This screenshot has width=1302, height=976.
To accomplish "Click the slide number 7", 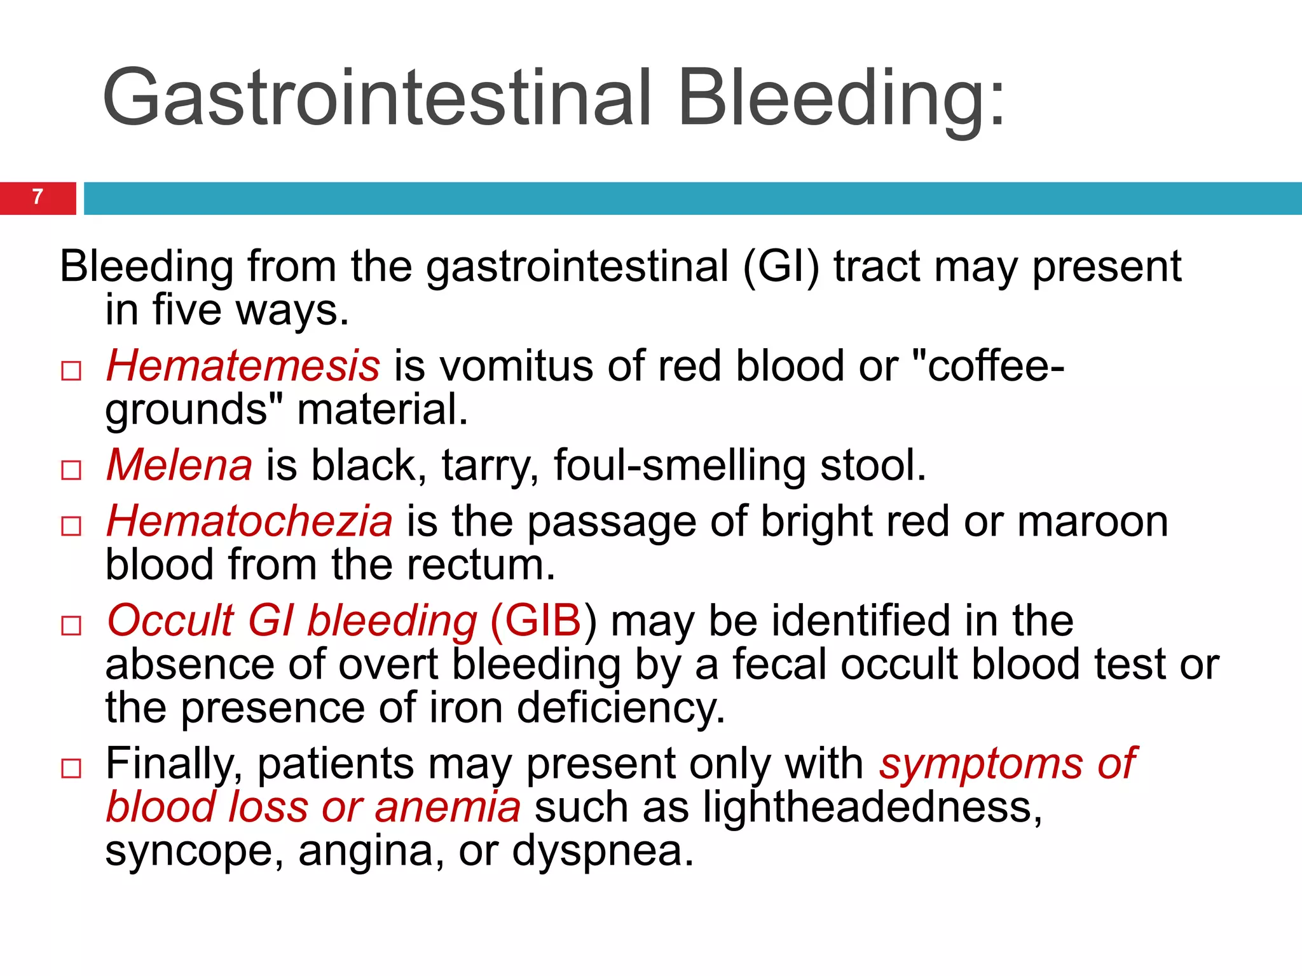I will tap(38, 197).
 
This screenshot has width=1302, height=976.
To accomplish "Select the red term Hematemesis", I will tap(243, 367).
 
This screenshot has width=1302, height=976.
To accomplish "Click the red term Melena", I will tap(179, 466).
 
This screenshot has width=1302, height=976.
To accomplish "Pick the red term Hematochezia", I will tap(249, 522).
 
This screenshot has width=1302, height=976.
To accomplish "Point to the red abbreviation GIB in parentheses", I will tap(535, 621).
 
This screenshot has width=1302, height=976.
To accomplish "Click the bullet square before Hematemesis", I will tap(71, 371).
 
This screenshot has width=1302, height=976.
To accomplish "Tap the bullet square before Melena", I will tap(71, 470).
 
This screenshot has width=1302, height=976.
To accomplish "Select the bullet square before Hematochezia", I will tap(71, 526).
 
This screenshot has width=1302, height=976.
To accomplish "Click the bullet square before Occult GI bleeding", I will tap(71, 626).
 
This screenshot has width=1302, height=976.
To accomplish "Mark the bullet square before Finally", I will tap(71, 768).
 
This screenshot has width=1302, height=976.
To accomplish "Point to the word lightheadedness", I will tap(872, 807).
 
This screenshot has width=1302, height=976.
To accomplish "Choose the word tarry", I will tap(490, 466).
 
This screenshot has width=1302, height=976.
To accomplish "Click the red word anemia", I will tap(448, 807).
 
